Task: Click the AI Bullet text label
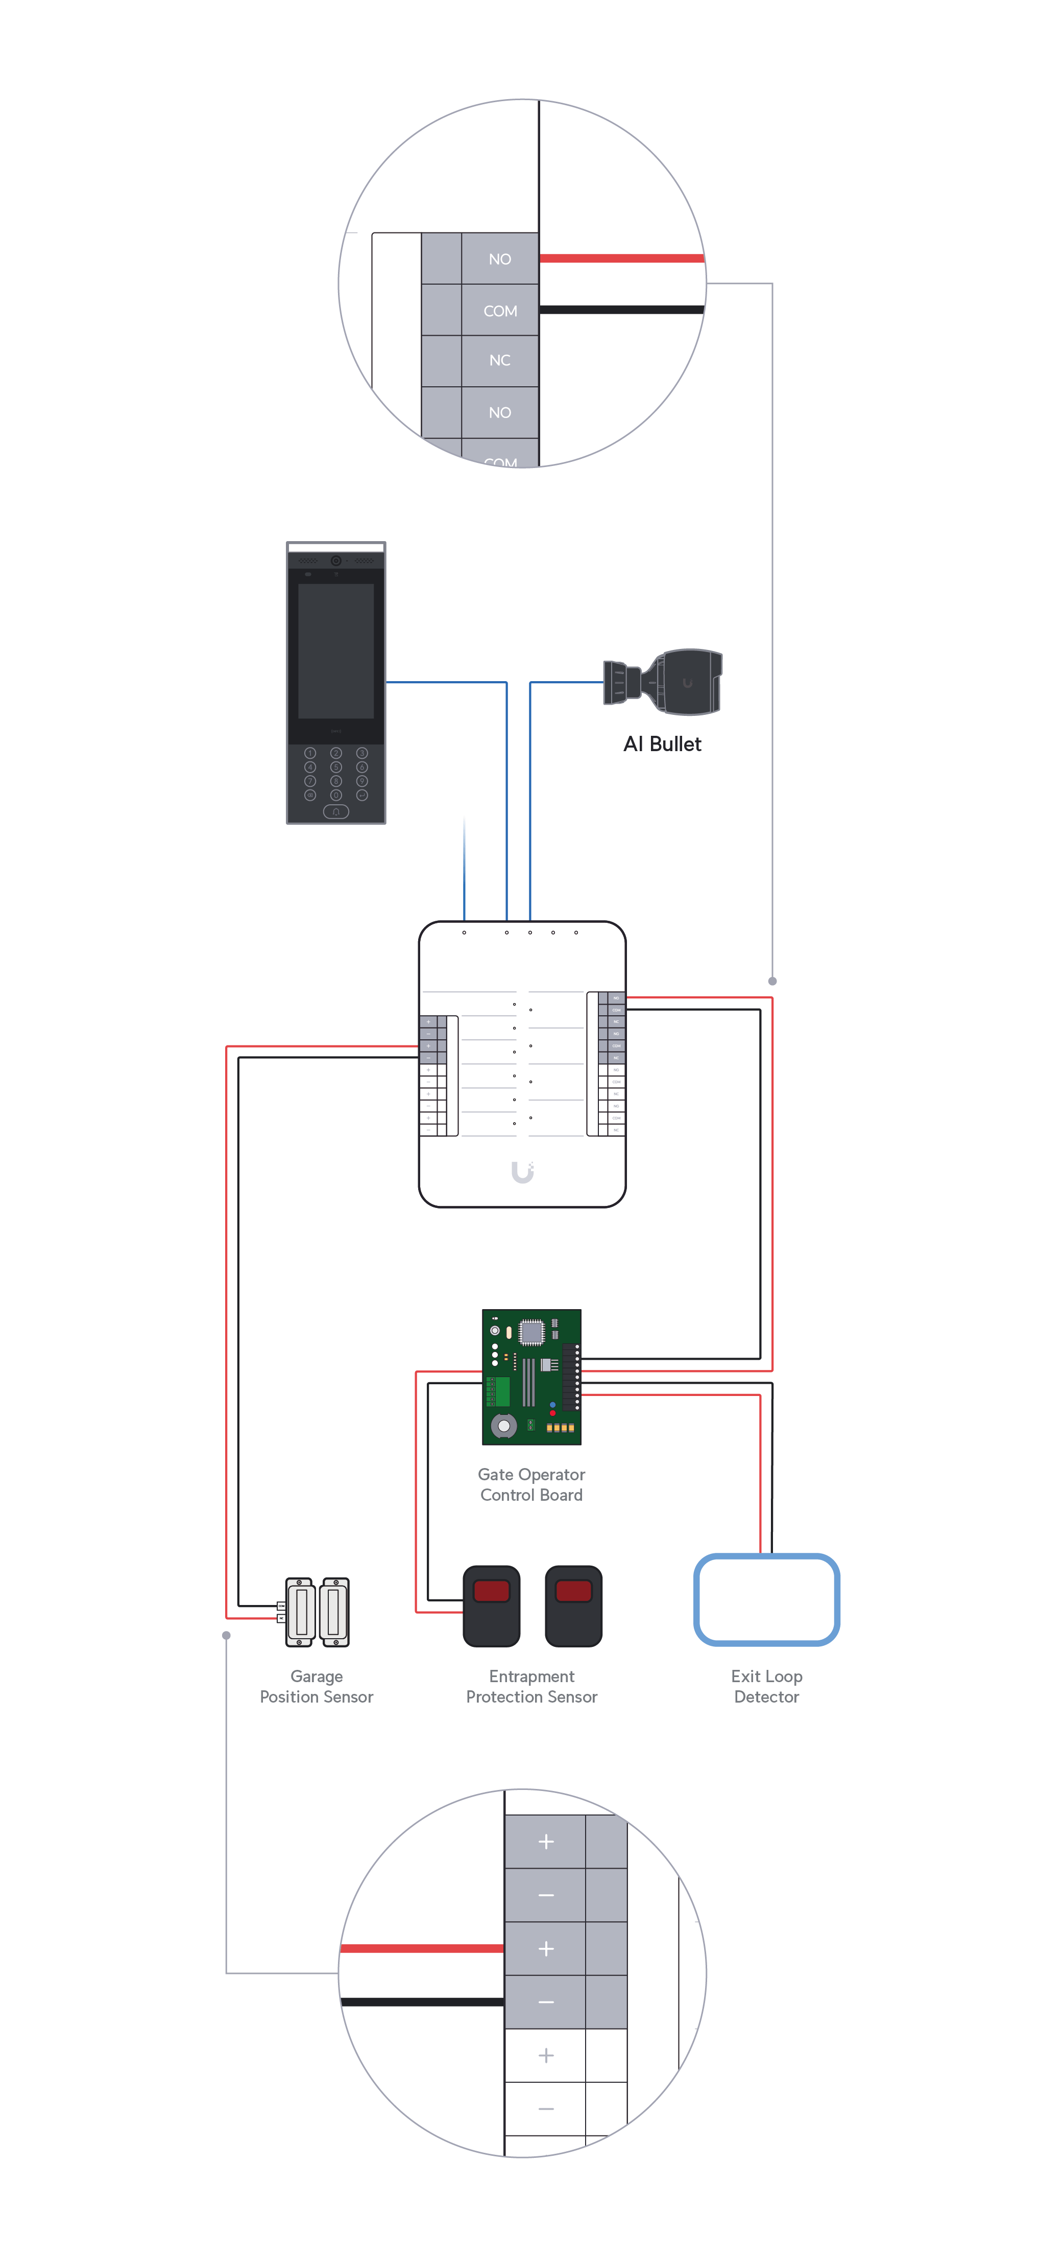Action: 662,744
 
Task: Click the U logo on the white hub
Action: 522,1172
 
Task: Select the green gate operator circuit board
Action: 531,1377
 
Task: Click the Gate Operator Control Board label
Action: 531,1484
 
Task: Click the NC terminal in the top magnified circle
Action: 499,360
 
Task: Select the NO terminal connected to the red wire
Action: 499,259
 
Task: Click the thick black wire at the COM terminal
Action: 622,309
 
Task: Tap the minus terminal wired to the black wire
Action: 546,2002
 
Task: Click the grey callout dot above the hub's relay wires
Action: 772,981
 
